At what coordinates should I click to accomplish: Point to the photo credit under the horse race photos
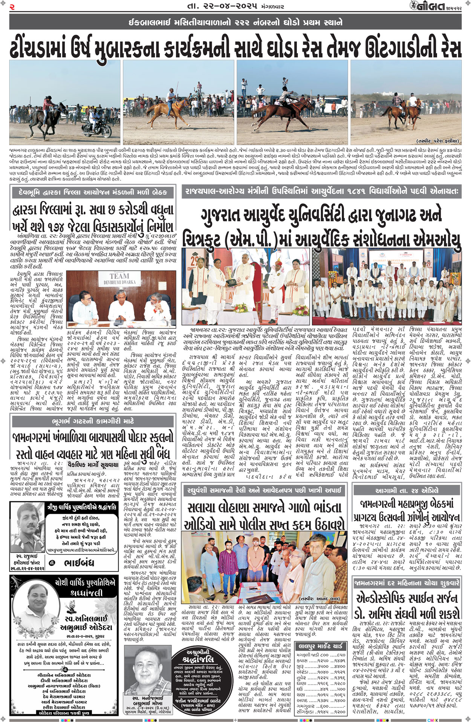click(437, 141)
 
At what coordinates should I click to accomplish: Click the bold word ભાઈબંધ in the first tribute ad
click(79, 564)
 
